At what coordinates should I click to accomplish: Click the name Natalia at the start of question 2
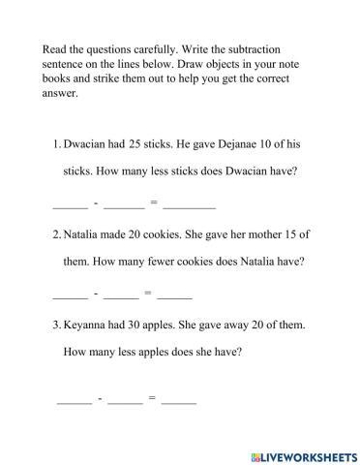point(86,235)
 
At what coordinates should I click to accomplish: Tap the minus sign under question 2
point(95,292)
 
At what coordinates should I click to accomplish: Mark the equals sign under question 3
point(152,397)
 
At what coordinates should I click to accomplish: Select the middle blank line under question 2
point(121,295)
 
